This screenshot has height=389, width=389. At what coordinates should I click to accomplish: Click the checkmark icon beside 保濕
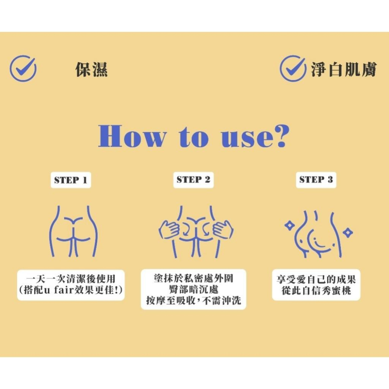[23, 68]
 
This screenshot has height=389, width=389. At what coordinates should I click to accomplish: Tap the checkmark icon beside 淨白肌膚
[293, 68]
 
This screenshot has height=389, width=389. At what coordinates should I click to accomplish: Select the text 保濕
[91, 69]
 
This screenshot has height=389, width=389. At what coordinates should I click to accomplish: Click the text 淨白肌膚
[344, 69]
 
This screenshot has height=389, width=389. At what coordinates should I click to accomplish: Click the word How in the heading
[132, 136]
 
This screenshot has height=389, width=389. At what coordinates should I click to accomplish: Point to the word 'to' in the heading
[193, 137]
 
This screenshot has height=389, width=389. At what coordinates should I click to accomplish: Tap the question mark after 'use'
[281, 136]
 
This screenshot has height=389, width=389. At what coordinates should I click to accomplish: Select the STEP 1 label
[71, 180]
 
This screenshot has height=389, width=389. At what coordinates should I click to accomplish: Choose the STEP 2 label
[193, 179]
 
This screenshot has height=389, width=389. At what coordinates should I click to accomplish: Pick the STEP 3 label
[316, 179]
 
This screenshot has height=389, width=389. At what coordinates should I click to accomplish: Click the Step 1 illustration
[74, 231]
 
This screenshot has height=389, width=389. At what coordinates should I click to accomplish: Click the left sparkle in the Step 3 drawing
[289, 225]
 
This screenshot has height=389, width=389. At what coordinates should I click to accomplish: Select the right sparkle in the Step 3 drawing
[348, 233]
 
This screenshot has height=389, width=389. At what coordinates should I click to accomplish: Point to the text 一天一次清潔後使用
[71, 279]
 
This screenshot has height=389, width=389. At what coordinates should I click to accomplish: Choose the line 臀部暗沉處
[193, 289]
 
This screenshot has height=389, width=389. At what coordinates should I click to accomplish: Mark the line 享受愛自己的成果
[316, 279]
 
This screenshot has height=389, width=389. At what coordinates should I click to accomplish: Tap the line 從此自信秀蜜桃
[316, 290]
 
